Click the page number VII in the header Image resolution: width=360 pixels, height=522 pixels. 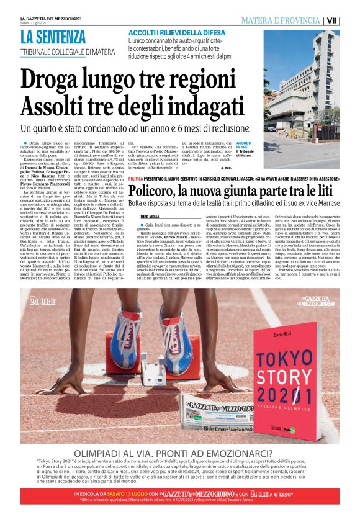(x=349, y=20)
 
